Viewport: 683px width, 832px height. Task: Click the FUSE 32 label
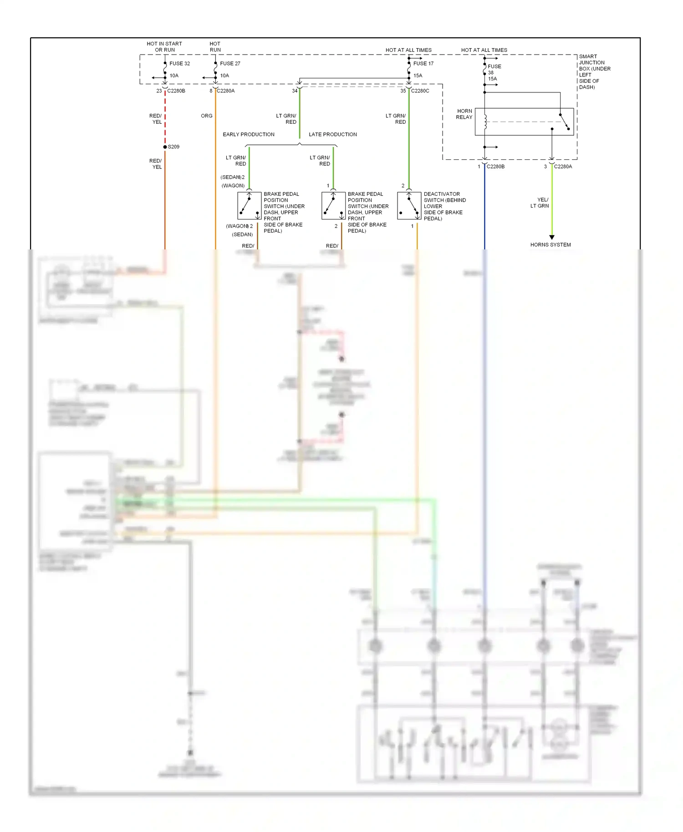tap(179, 64)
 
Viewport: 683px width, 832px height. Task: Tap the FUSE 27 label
tap(230, 64)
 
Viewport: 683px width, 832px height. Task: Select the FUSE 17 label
tap(423, 64)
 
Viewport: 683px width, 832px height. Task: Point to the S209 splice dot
tap(165, 147)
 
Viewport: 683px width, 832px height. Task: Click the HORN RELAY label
tap(464, 114)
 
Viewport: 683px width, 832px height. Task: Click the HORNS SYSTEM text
tap(550, 245)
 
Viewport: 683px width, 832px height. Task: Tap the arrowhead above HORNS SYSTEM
tap(552, 237)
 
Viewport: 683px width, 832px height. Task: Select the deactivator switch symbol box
tap(409, 206)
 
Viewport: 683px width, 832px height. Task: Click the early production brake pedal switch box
tap(249, 206)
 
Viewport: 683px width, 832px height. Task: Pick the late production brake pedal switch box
tap(333, 206)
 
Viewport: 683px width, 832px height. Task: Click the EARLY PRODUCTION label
tap(249, 135)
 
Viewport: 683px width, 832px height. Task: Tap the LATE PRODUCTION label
tap(333, 135)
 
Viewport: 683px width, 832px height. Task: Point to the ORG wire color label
tap(206, 116)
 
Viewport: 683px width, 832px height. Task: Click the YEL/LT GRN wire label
tap(540, 203)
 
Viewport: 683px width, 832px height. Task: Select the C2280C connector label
tap(420, 91)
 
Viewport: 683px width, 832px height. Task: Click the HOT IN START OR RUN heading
tap(164, 47)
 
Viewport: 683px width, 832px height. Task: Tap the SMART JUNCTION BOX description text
tap(594, 72)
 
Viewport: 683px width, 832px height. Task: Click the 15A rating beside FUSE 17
tap(418, 76)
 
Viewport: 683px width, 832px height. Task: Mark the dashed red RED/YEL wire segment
tap(165, 118)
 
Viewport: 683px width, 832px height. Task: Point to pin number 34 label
tap(295, 91)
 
